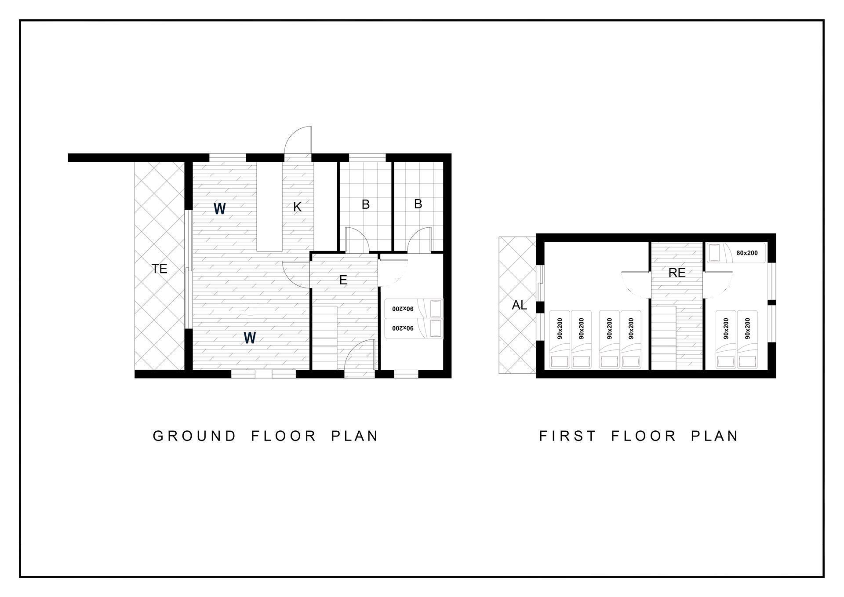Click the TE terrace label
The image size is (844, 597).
pyautogui.click(x=160, y=269)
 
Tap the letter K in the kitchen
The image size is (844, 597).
pyautogui.click(x=298, y=207)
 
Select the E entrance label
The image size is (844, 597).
pyautogui.click(x=343, y=280)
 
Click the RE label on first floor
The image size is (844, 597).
pyautogui.click(x=677, y=273)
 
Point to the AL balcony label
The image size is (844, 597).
pyautogui.click(x=520, y=305)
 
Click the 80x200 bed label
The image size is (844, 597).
pyautogui.click(x=747, y=253)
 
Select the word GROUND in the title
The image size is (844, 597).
pyautogui.click(x=195, y=436)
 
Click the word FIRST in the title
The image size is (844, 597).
pyautogui.click(x=568, y=436)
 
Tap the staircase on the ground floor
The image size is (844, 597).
pyautogui.click(x=324, y=338)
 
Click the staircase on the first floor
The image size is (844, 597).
pyautogui.click(x=663, y=338)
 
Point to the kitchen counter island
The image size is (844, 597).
pyautogui.click(x=269, y=207)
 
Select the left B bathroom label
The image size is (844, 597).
pyautogui.click(x=366, y=204)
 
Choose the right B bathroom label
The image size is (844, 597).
pyautogui.click(x=418, y=204)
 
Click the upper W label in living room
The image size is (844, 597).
pyautogui.click(x=220, y=208)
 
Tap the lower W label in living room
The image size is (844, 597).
pyautogui.click(x=250, y=338)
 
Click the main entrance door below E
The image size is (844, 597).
pyautogui.click(x=360, y=359)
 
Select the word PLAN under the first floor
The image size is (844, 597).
pyautogui.click(x=715, y=436)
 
